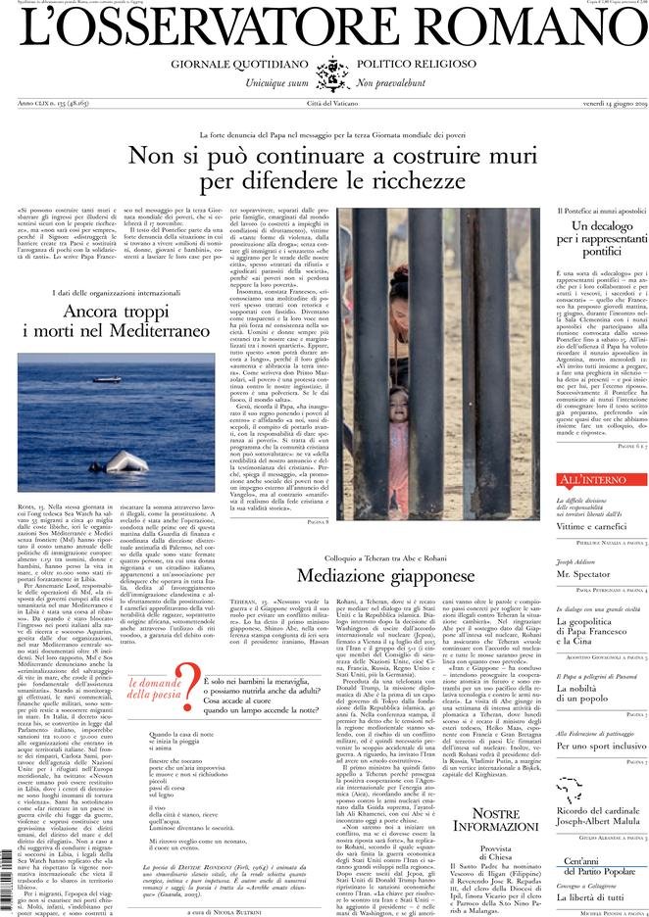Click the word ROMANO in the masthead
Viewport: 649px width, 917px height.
(536, 29)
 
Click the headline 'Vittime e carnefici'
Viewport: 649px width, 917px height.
(594, 526)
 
